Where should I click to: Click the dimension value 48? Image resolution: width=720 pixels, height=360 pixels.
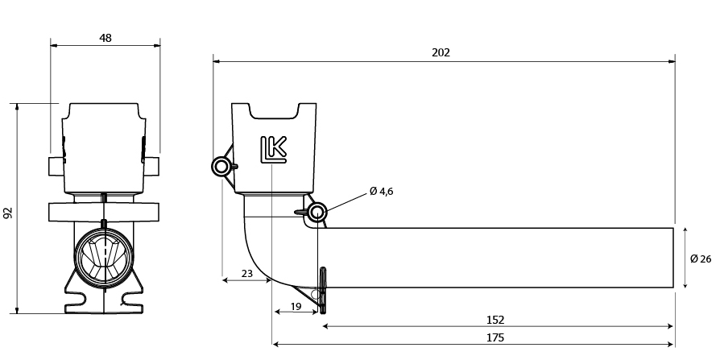[x=106, y=38]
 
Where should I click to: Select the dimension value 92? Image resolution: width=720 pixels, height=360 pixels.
[x=8, y=213]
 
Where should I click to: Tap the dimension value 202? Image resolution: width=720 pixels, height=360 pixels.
[x=441, y=53]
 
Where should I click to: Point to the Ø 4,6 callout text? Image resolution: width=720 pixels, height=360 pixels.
[x=381, y=192]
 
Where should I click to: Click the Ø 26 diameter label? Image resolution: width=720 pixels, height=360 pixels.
[x=701, y=259]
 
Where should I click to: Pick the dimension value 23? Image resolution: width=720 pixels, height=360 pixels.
[x=247, y=274]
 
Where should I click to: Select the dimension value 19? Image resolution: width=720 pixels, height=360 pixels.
[x=296, y=306]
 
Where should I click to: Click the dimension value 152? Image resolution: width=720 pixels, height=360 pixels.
[x=495, y=320]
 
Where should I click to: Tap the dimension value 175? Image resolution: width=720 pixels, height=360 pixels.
[x=495, y=338]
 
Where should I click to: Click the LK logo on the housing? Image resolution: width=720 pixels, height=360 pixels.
[x=274, y=149]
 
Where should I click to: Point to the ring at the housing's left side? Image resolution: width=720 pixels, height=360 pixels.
[x=221, y=166]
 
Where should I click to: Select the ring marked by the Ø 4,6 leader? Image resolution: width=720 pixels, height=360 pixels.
[x=317, y=212]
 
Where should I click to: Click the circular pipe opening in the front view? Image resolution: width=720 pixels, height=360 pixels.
[x=104, y=254]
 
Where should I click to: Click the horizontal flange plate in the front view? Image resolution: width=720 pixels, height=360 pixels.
[x=104, y=212]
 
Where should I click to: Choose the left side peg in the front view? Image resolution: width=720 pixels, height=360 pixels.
[x=56, y=166]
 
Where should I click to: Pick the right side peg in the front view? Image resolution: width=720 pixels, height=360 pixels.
[x=152, y=166]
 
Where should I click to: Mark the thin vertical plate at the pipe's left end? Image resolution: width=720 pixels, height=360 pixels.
[x=323, y=290]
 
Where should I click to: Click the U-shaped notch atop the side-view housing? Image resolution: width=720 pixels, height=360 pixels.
[x=274, y=111]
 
